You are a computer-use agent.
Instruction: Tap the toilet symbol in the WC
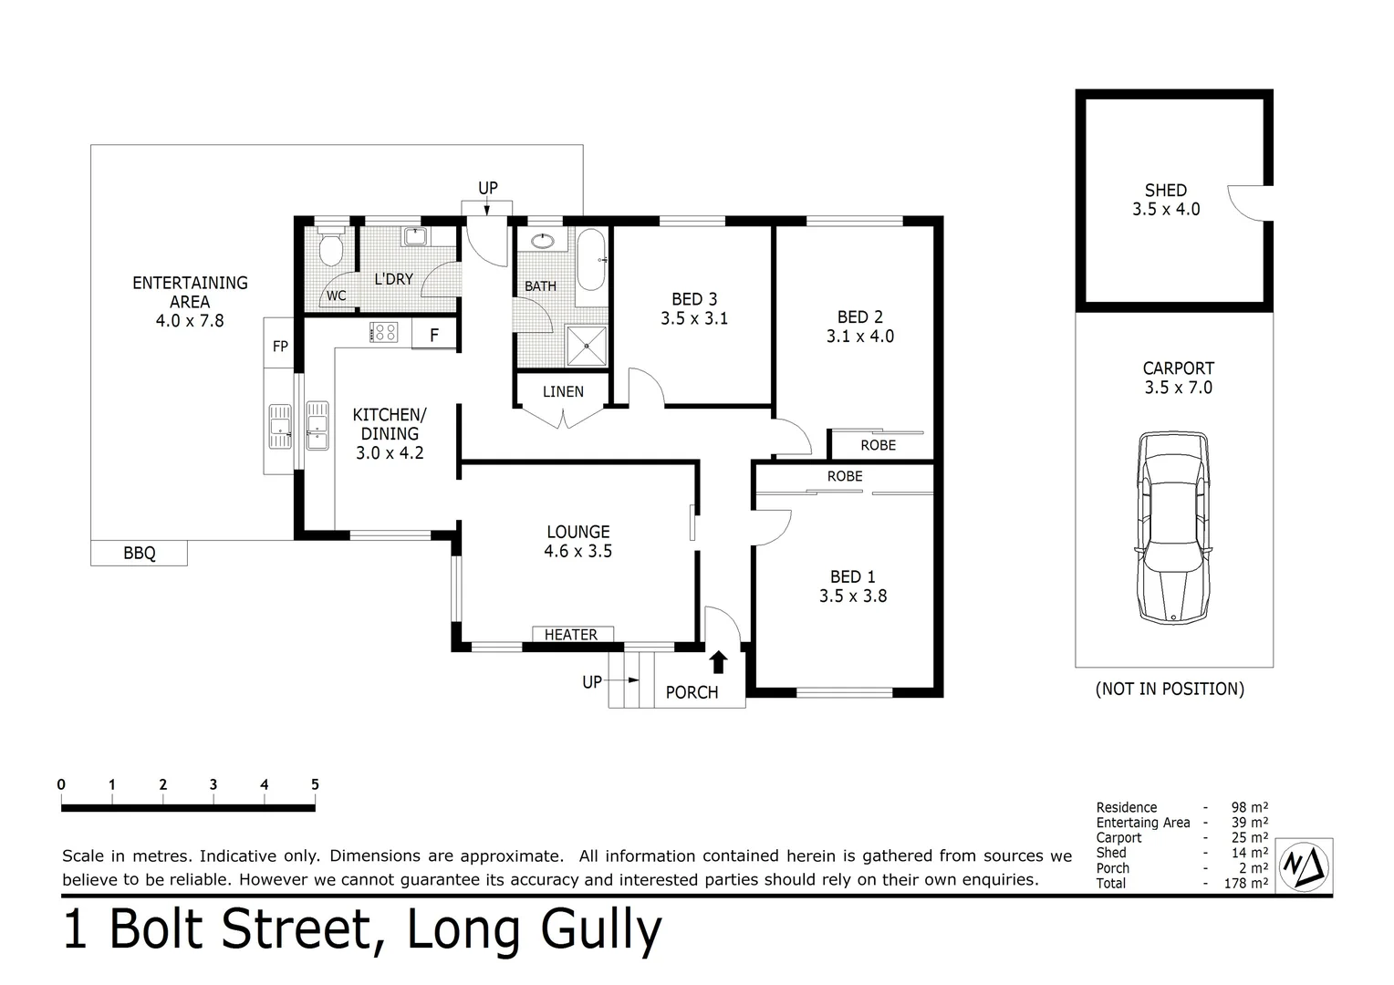[330, 247]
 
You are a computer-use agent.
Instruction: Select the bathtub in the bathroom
[590, 260]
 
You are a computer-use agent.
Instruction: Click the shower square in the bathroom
[586, 346]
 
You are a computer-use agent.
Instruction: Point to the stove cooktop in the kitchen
[383, 332]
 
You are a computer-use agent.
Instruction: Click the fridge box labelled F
[434, 335]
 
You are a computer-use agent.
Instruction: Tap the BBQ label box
[139, 553]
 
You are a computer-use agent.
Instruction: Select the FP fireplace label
[280, 347]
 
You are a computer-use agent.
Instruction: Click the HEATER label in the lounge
[571, 635]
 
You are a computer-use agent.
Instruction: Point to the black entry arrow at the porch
[719, 662]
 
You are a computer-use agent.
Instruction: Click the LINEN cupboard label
[563, 391]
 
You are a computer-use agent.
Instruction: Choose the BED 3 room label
[694, 299]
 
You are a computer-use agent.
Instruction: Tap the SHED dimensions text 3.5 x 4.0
[1166, 210]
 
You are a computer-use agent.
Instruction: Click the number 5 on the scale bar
[315, 784]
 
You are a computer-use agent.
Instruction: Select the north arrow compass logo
[1305, 866]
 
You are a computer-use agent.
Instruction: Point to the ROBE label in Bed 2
[878, 445]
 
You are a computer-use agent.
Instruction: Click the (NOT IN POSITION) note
[1170, 689]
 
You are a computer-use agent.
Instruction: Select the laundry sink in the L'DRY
[416, 236]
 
